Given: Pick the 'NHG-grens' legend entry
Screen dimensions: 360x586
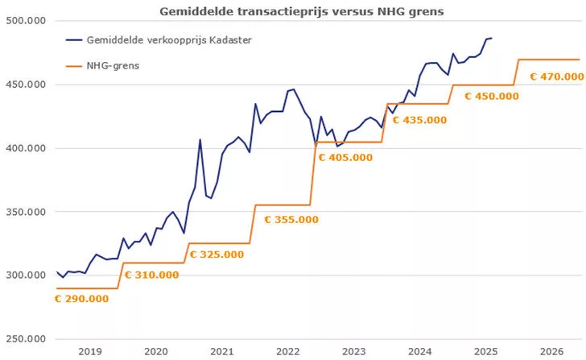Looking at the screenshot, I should (113, 65).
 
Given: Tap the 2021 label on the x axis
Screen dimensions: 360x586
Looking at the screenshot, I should (221, 351).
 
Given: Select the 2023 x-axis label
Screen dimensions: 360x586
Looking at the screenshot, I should (353, 351).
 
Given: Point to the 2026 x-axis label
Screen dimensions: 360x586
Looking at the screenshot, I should (551, 351).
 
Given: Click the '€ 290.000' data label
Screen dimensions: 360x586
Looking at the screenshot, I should (81, 298).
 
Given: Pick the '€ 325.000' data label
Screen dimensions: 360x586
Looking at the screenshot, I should (222, 255).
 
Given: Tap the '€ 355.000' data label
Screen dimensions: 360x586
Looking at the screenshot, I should (291, 219).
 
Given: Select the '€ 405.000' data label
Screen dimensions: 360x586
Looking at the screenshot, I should (345, 157).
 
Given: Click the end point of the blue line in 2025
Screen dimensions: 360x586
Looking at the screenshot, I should (492, 38).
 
